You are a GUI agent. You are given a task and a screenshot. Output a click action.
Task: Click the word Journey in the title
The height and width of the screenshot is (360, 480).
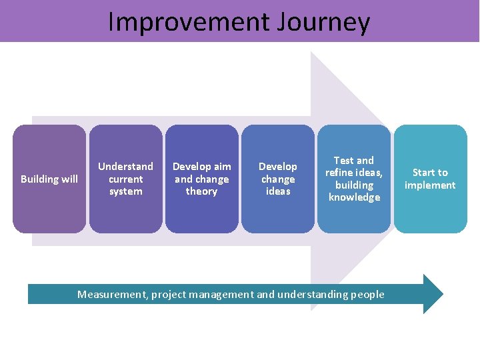tap(326, 22)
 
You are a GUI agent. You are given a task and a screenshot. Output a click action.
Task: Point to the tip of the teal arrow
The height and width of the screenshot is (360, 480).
tap(441, 294)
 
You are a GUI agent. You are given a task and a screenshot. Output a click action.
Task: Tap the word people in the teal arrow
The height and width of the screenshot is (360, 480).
tap(367, 294)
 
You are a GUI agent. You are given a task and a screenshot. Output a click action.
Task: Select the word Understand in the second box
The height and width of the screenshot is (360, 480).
tap(125, 166)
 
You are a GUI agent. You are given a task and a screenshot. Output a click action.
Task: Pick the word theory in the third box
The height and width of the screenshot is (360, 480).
tap(201, 191)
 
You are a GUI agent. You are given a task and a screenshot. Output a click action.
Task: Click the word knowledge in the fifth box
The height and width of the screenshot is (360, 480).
tap(354, 197)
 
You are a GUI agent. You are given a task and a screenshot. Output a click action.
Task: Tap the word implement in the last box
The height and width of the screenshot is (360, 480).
tap(430, 185)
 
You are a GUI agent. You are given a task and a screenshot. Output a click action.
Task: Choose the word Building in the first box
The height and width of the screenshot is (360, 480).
tap(40, 179)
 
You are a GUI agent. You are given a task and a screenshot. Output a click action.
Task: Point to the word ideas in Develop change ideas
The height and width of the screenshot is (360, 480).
tap(278, 191)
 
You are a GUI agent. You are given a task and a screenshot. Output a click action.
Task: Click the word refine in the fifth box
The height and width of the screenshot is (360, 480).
tap(339, 173)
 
